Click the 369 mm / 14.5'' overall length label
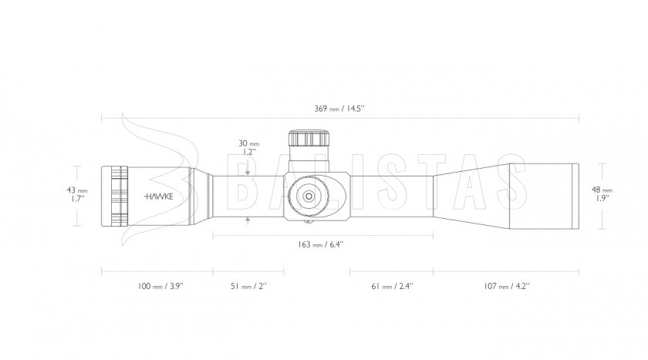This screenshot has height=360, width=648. coord(339,109)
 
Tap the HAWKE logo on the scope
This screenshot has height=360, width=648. coord(159,197)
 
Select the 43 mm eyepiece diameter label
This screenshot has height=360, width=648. coord(77,194)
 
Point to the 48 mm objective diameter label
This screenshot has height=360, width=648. coord(602,193)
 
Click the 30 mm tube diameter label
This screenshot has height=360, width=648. coord(248,147)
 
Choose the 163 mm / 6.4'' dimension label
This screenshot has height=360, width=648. coord(321,244)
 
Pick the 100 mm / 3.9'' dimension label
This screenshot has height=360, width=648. coord(160,286)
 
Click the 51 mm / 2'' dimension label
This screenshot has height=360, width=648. coord(248,286)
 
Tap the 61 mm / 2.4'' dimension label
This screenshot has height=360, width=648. coord(392,286)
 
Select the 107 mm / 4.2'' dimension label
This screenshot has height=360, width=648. coord(507,286)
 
